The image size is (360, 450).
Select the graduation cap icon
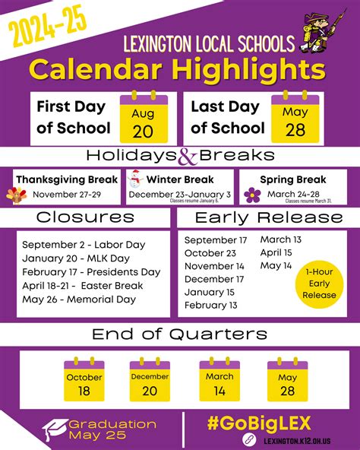54,429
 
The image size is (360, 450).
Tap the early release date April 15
276,252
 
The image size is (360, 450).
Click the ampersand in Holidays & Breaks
187,157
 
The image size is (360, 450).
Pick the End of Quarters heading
179,334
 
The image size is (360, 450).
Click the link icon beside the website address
248,440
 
